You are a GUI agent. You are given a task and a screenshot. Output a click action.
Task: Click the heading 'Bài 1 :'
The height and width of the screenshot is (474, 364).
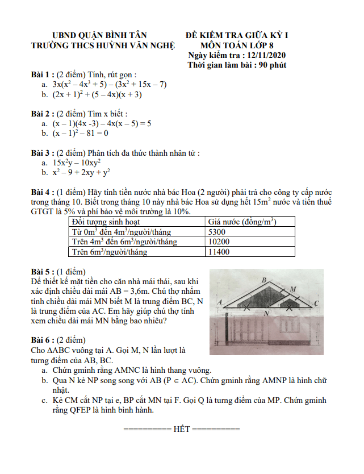pyautogui.click(x=43, y=74)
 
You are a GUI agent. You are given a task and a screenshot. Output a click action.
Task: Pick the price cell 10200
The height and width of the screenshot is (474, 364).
pyautogui.click(x=220, y=242)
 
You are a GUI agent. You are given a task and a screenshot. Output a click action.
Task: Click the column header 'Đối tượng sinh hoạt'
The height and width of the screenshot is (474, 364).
pyautogui.click(x=106, y=222)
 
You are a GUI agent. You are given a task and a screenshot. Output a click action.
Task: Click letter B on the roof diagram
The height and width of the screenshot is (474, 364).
pyautogui.click(x=264, y=280)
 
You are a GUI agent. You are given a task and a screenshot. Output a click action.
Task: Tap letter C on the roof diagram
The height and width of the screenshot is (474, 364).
pyautogui.click(x=316, y=303)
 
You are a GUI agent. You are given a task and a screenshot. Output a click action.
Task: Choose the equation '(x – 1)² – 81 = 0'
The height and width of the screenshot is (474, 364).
pyautogui.click(x=80, y=134)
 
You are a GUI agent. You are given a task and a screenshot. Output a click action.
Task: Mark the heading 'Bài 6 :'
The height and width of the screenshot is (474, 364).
pyautogui.click(x=43, y=340)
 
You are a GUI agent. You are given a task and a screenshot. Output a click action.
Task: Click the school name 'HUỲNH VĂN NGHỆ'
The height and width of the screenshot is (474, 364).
pyautogui.click(x=139, y=45)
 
